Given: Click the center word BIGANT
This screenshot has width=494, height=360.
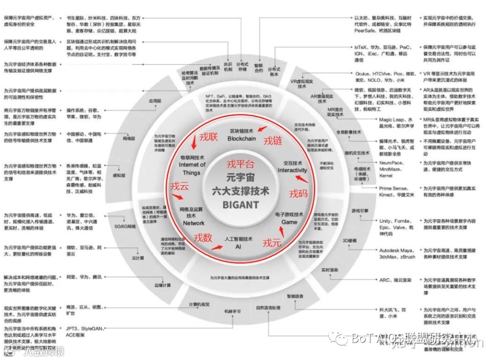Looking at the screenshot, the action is point(241,205).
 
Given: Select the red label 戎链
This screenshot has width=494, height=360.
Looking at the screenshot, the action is point(273,140).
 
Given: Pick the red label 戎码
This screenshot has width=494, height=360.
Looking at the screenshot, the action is point(298,193).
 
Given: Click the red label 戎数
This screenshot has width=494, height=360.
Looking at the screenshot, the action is point(203,237).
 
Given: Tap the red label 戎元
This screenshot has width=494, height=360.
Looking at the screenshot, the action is point(272,243).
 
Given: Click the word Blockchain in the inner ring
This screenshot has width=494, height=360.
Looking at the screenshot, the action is point(242,139).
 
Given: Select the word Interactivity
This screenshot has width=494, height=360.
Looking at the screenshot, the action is point(292,170).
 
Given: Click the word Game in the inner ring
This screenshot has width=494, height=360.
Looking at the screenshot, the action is point(289,222).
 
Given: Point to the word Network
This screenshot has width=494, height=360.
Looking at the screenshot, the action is point(194,223).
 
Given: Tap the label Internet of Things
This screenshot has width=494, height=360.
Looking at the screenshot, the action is point(192,165).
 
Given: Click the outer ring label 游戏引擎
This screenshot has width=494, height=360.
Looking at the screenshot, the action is point(360,210).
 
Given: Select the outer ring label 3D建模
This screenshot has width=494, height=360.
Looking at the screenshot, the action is point(349,241).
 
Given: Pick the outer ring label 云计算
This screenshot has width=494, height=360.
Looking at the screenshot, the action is point(138,258).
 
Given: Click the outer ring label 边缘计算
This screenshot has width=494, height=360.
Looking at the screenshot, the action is point(162,285).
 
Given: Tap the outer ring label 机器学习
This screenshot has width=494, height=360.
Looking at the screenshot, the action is point(232,311).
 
